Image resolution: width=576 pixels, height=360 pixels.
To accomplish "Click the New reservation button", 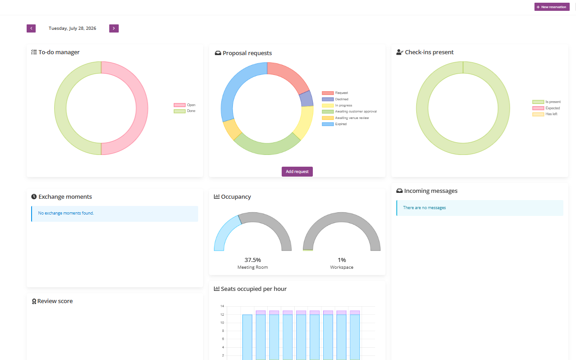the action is [552, 7].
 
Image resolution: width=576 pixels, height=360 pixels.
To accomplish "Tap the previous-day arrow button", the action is [31, 28].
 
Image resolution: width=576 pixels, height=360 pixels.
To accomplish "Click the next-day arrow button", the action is [114, 28].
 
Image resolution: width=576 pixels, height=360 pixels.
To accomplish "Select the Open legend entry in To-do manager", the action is [185, 105].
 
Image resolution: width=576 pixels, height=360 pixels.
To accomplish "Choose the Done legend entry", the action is [185, 111].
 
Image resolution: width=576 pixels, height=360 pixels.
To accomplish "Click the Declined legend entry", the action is [335, 99].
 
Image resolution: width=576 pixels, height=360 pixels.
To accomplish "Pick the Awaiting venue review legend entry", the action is [345, 118].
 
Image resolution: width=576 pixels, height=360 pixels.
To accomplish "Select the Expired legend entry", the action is [334, 124].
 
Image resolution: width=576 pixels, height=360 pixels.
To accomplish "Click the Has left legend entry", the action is [545, 114].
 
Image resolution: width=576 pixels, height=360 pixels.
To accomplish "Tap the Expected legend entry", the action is [546, 108].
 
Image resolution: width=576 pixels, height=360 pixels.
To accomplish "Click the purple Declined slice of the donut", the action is [307, 99].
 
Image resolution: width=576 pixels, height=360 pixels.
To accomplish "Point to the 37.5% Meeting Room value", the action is [252, 260].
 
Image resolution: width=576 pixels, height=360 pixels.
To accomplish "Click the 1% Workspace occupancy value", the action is [342, 260].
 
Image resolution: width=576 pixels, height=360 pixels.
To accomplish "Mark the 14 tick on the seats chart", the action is [222, 306].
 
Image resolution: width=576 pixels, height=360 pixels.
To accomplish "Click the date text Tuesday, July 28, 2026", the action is [73, 28].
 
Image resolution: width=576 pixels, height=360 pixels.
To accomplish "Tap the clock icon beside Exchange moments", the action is [34, 196].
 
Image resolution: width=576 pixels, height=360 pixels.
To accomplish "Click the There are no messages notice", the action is [480, 208].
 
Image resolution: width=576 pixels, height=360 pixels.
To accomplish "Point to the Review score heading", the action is [52, 301].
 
